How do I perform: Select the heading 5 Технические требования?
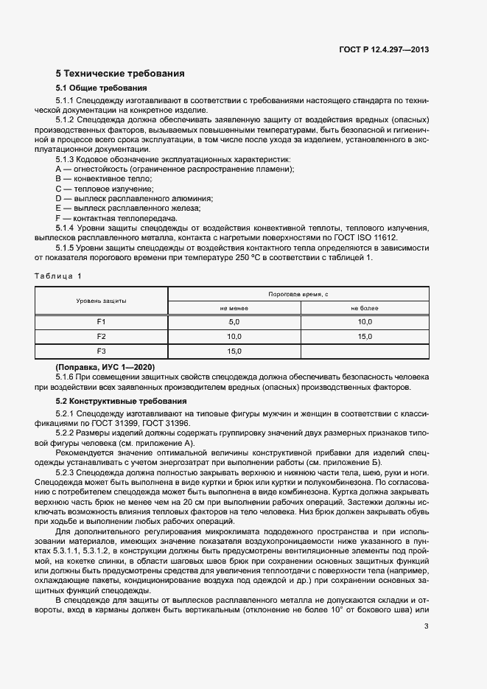120,74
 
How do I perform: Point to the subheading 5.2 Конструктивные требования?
111,400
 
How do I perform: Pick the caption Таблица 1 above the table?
58,276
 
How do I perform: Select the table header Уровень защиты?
102,301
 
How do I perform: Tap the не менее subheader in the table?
234,308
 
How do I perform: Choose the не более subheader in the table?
364,308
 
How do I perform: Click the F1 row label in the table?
102,322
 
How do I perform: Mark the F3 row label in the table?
102,351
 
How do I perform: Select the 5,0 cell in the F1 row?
234,322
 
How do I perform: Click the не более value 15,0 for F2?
364,337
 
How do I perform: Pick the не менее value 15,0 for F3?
234,351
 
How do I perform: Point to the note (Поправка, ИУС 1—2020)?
105,367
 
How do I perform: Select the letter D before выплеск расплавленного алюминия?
58,198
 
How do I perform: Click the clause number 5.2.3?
68,471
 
